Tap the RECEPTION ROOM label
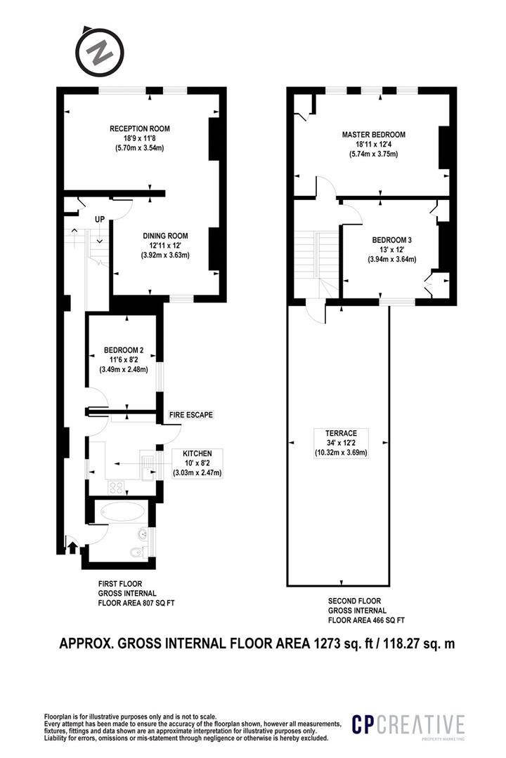click(139, 128)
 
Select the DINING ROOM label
click(165, 236)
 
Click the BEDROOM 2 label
click(124, 350)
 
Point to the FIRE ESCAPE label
click(190, 415)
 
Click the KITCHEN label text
click(197, 453)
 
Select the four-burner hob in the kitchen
click(116, 487)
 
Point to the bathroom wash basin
click(143, 533)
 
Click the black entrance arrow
click(72, 547)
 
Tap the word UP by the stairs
click(100, 220)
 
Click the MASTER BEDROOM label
click(374, 134)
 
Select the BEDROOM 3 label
click(391, 240)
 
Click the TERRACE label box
click(342, 443)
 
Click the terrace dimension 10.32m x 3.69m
click(342, 453)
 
